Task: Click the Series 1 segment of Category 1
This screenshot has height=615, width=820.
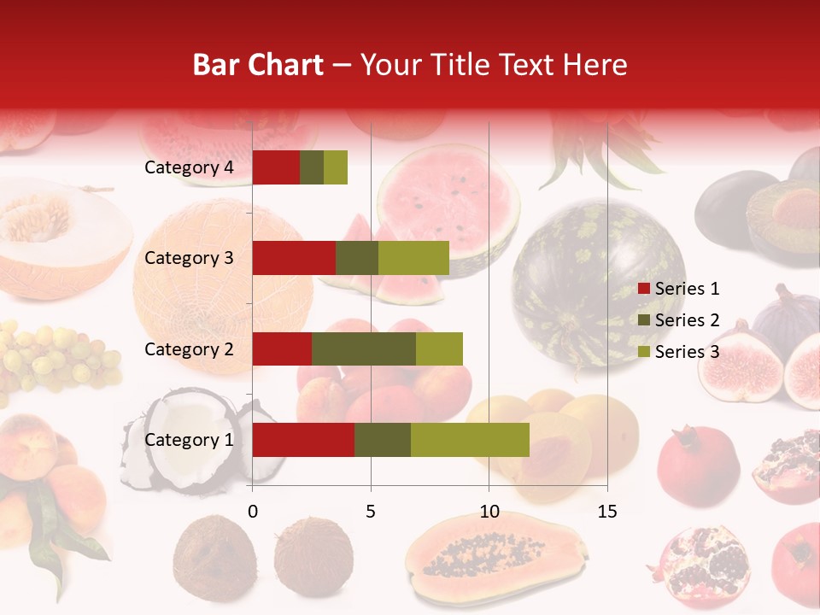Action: (303, 440)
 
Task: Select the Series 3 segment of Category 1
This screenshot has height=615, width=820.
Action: (470, 440)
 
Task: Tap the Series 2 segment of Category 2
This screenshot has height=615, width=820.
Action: (364, 348)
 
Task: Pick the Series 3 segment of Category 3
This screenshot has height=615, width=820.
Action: (413, 258)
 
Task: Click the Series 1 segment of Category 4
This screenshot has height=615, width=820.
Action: (276, 167)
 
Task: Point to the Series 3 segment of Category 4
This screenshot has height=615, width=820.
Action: (336, 167)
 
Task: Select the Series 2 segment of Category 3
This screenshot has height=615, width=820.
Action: (357, 258)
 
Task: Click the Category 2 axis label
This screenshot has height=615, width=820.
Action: (189, 348)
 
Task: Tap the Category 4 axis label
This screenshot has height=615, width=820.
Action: (189, 167)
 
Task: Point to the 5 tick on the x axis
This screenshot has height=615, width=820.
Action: (371, 512)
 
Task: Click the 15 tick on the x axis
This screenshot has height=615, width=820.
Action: (607, 512)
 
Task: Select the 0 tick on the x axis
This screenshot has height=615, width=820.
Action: (253, 512)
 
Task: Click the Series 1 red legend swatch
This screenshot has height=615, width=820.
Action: (644, 289)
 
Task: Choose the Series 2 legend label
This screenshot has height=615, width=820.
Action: (687, 320)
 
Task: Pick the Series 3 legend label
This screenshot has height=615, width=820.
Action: (687, 352)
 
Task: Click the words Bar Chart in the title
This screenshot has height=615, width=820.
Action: (258, 65)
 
